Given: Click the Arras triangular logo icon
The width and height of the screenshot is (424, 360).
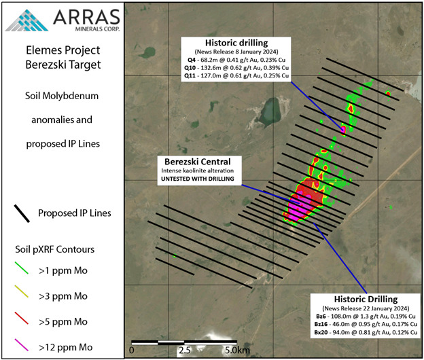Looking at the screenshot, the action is point(26,20).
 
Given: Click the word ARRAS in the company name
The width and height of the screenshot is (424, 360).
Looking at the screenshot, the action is point(86,17).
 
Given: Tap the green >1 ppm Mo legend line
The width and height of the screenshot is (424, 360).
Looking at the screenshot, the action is point(21,268).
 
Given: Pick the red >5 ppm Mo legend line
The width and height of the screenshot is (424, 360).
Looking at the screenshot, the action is point(21,318).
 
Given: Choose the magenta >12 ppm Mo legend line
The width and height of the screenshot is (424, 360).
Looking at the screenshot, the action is point(21,344).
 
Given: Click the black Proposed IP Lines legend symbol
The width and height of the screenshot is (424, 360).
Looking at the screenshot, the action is point(22,213).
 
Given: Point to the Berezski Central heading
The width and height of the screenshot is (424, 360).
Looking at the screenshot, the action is point(198,162).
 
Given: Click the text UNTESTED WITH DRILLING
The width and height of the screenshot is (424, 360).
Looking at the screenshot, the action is point(198,179).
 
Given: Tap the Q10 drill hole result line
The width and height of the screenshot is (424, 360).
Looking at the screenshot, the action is point(236,67).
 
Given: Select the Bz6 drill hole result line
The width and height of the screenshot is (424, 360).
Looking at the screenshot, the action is point(366,317).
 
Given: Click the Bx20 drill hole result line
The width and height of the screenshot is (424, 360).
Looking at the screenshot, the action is point(366,332).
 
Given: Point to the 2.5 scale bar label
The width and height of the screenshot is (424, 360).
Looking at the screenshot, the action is point(184,350).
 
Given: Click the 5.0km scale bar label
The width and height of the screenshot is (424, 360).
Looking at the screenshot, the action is point(237,350).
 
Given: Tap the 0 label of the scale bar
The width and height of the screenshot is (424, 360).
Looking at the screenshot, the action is point(132,350).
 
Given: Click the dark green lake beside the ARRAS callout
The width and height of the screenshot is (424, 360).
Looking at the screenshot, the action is point(147,52).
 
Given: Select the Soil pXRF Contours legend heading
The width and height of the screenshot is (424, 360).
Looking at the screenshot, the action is point(54,249).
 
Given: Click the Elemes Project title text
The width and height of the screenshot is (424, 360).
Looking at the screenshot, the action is point(63,50).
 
